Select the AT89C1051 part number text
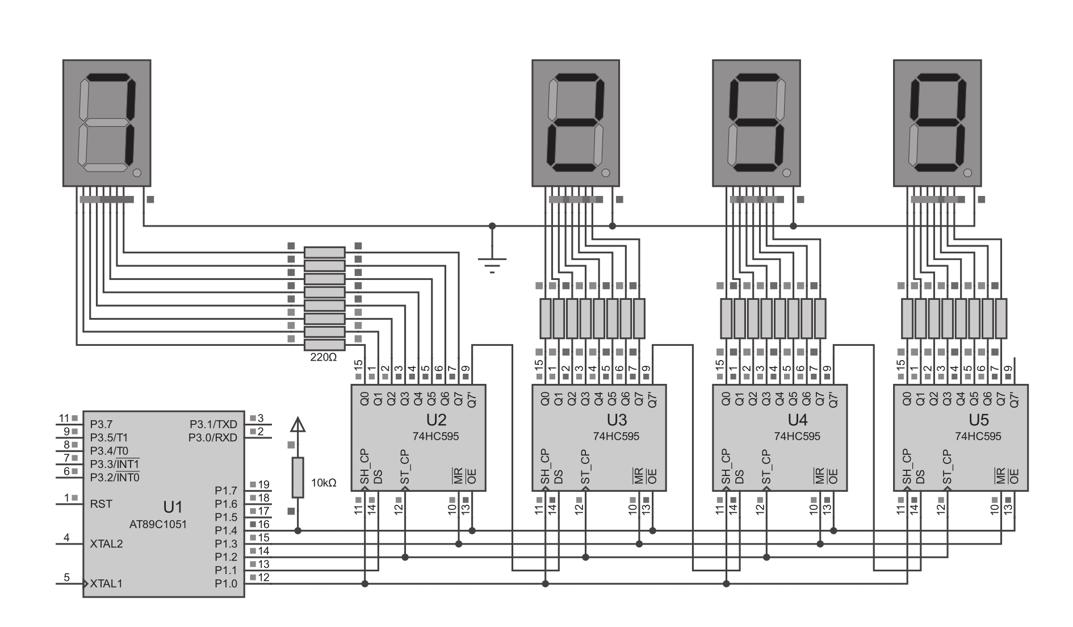pyautogui.click(x=158, y=524)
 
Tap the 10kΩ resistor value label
pyautogui.click(x=324, y=483)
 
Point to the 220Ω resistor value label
pyautogui.click(x=324, y=358)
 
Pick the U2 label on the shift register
pyautogui.click(x=436, y=420)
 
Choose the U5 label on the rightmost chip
pyautogui.click(x=979, y=420)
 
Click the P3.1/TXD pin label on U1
pyautogui.click(x=213, y=424)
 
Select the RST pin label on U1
pyautogui.click(x=101, y=504)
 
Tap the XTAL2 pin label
pyautogui.click(x=106, y=544)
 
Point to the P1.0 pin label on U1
pyautogui.click(x=226, y=583)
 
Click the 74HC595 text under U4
pyautogui.click(x=797, y=436)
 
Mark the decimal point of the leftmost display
pyautogui.click(x=136, y=173)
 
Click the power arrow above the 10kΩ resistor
pyautogui.click(x=297, y=425)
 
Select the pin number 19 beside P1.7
pyautogui.click(x=263, y=484)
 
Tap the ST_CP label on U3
pyautogui.click(x=585, y=467)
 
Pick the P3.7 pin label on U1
pyautogui.click(x=101, y=424)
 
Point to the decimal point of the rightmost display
pyautogui.click(x=967, y=173)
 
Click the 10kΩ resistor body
pyautogui.click(x=297, y=477)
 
